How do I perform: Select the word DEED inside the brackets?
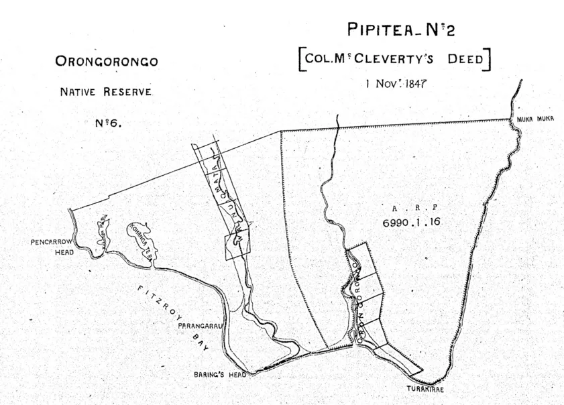click(465, 59)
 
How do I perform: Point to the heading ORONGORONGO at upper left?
click(107, 62)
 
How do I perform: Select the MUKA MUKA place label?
click(534, 119)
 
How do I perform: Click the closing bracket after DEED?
click(490, 59)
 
